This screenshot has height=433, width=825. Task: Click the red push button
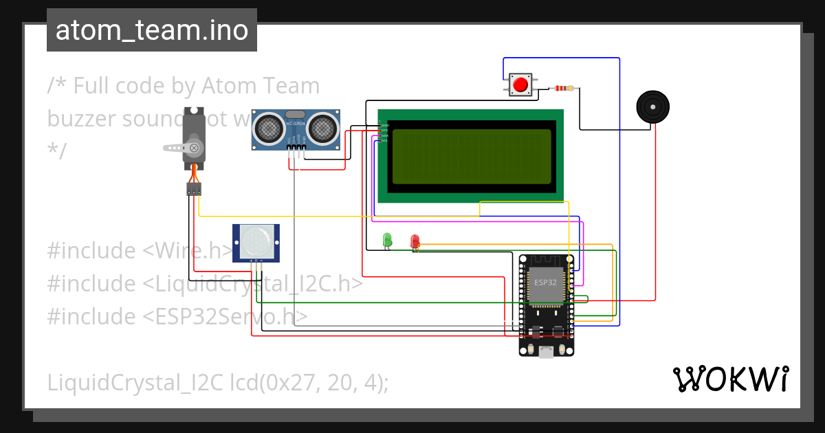[520, 85]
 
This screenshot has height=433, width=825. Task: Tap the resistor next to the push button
[564, 88]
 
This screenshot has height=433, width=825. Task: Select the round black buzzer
[652, 107]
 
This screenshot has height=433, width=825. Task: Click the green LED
[387, 239]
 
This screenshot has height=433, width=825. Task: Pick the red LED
[415, 241]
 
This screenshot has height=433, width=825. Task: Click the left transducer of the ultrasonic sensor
[269, 127]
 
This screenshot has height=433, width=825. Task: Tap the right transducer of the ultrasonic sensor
[321, 127]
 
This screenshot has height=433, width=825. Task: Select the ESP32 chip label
[546, 282]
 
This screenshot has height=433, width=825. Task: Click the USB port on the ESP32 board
[547, 352]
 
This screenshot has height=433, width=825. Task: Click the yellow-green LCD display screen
[471, 157]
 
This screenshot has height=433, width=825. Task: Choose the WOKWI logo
[730, 379]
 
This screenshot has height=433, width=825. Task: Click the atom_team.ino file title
[152, 30]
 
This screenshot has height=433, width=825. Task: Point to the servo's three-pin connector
[194, 189]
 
